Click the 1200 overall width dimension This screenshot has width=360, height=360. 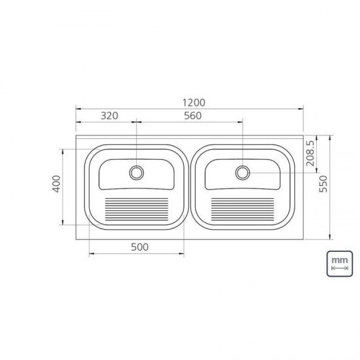[x=194, y=102]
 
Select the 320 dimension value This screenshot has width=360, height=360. [x=109, y=116]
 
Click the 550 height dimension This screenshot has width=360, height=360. [x=323, y=187]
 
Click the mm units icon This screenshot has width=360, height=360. [x=338, y=263]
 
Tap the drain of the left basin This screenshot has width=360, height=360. [x=136, y=173]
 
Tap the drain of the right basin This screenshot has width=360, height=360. [x=243, y=173]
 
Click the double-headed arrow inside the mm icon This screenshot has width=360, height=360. [x=338, y=268]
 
